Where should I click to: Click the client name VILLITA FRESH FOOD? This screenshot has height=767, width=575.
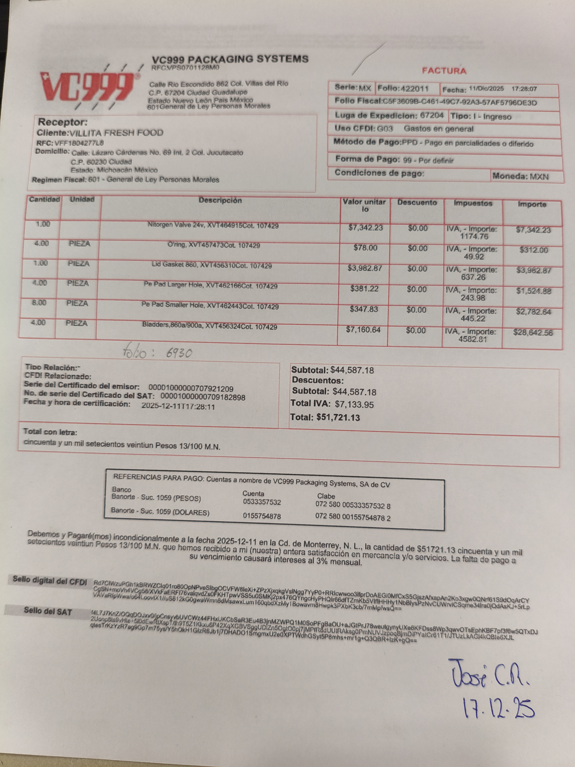click(116, 133)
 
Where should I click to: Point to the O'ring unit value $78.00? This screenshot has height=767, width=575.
click(365, 248)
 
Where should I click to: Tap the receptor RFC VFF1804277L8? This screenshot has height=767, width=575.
click(79, 143)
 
